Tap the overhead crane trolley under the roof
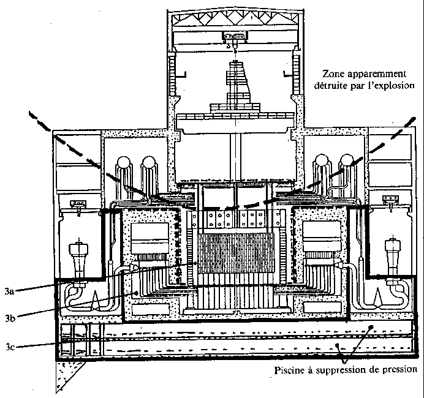pos(233,38)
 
